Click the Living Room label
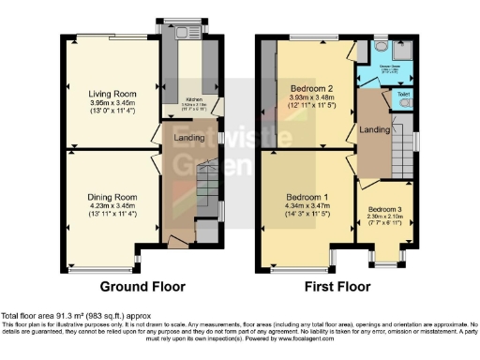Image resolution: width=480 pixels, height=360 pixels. (x=112, y=95)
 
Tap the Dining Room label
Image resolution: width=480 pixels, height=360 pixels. (x=112, y=197)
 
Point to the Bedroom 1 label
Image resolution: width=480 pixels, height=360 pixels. (x=306, y=197)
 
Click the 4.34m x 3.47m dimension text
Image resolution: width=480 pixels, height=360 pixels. (x=306, y=206)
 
